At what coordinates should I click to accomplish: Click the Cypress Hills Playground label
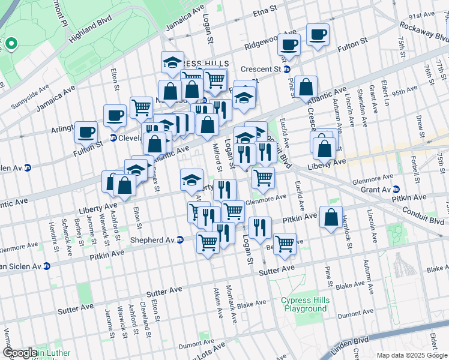coord(304,304)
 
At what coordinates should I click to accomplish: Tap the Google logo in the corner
coord(20,353)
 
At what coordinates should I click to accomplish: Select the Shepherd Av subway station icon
coord(179,240)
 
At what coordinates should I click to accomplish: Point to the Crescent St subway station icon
coord(287,69)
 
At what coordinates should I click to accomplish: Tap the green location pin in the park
coord(10,43)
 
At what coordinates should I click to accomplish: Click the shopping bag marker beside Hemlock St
coord(331,217)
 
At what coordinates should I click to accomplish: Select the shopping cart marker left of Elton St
coord(141,107)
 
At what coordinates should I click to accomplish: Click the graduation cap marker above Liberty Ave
coord(191,179)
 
